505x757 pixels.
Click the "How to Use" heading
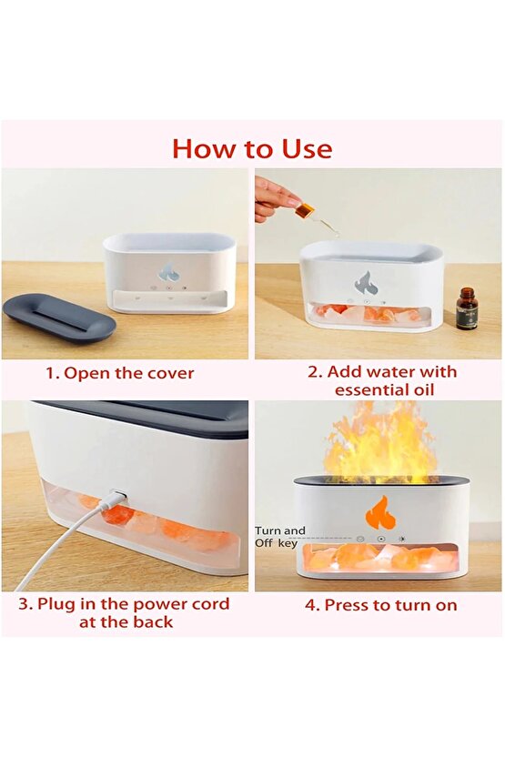(x=252, y=148)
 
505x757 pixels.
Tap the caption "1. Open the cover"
(x=119, y=373)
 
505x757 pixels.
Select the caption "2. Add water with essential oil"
(x=382, y=381)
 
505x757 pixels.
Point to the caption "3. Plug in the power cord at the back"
(x=124, y=612)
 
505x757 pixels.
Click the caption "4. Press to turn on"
(x=380, y=605)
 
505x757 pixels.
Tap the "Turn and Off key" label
(x=280, y=537)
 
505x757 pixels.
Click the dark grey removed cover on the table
(x=60, y=319)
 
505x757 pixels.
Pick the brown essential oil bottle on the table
(x=466, y=308)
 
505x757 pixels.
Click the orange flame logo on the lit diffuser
(x=380, y=513)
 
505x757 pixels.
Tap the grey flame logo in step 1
(x=169, y=273)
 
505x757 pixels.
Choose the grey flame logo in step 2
(x=367, y=283)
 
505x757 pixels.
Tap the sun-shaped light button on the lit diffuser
(x=401, y=539)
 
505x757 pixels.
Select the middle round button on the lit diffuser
(x=381, y=539)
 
